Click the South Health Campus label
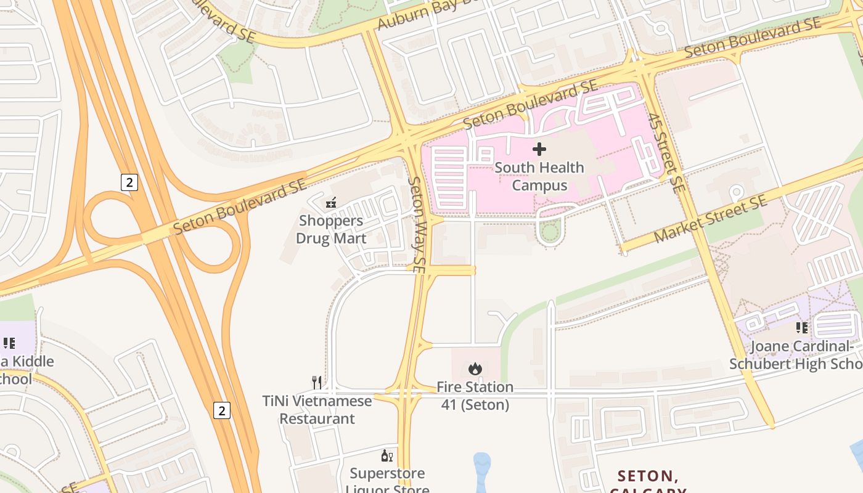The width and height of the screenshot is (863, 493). (539, 176)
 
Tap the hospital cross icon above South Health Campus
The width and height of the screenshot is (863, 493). (539, 149)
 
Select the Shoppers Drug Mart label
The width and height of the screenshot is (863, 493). (331, 229)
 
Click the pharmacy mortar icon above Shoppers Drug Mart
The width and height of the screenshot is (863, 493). (331, 202)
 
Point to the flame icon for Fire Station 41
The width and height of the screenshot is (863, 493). (475, 369)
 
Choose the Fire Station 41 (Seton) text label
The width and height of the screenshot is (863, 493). (475, 396)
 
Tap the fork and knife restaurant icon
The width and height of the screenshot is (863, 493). (317, 383)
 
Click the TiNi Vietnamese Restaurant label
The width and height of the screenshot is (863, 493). (317, 410)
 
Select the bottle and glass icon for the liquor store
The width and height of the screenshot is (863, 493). (387, 456)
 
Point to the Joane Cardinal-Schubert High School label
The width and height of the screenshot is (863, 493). (795, 355)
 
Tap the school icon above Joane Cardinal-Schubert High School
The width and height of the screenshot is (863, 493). (801, 328)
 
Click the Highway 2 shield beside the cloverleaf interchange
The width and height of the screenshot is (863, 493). (129, 182)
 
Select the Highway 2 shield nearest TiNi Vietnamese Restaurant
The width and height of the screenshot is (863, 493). (222, 410)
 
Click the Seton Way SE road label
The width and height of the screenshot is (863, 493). (417, 226)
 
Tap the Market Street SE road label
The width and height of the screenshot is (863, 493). (710, 219)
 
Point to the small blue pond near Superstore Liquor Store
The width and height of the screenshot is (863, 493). (482, 472)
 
